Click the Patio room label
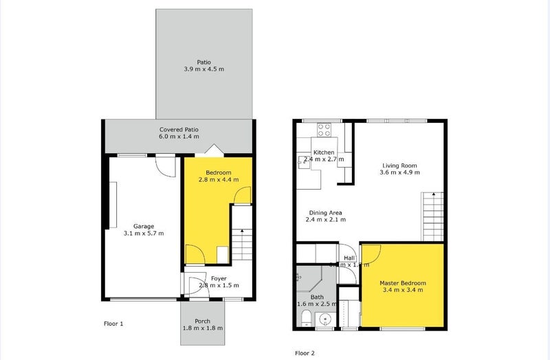[204, 60]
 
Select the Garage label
[144, 226]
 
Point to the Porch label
[202, 320]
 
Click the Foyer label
[219, 278]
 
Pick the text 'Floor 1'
[113, 323]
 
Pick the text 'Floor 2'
[305, 353]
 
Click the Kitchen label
[324, 153]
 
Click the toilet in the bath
[306, 317]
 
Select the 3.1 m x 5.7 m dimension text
[144, 234]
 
